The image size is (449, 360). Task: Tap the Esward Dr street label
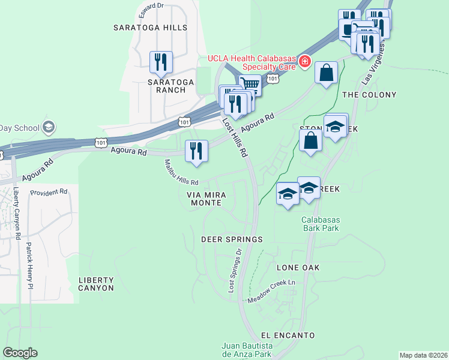point(151,6)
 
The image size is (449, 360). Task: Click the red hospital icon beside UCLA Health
point(305,61)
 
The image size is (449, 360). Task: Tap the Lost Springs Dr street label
point(235,271)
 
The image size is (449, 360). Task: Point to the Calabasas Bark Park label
point(320,224)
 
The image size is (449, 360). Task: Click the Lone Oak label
point(298,267)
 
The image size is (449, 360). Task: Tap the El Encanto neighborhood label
point(288,335)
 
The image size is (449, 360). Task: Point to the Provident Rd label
point(49,192)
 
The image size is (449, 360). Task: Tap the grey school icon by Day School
point(48,127)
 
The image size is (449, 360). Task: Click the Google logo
point(20,353)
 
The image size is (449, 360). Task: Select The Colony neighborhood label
point(369,95)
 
